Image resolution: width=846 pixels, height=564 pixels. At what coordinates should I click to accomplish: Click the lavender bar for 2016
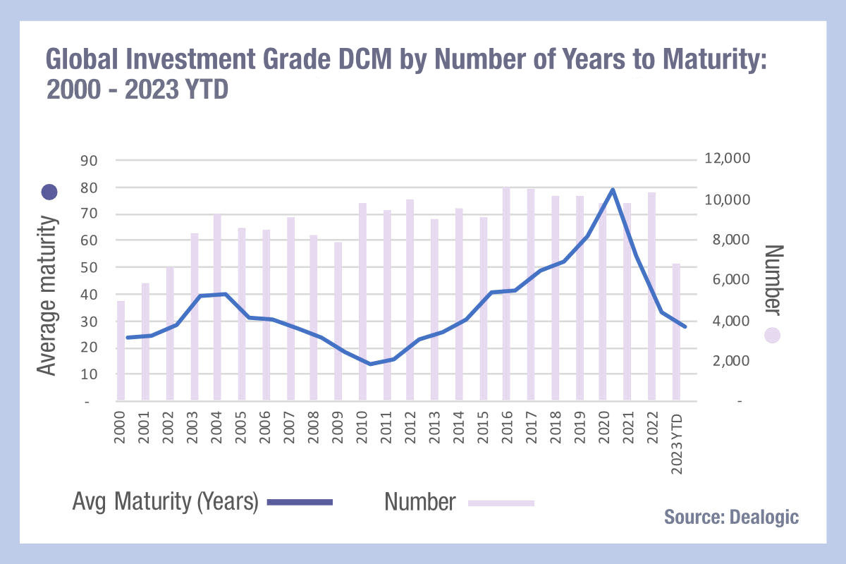506,293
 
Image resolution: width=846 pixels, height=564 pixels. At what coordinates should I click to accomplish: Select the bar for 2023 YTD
676,331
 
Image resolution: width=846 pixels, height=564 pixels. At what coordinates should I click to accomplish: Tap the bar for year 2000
121,350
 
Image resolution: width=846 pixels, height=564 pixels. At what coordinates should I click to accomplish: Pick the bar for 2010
362,302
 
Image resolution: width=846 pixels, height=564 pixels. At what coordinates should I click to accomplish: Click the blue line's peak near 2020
613,189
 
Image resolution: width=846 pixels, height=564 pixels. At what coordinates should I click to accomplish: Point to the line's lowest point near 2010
370,364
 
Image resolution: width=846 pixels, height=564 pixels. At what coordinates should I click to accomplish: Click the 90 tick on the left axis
89,161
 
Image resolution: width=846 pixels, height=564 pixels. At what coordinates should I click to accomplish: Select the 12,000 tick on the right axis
728,158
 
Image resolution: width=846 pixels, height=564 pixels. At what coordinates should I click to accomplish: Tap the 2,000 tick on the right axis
731,361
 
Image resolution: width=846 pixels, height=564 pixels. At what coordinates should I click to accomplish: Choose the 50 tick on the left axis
89,267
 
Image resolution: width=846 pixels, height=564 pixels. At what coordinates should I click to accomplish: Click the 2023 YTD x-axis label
677,444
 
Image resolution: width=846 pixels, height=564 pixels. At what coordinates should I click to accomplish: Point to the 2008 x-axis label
314,428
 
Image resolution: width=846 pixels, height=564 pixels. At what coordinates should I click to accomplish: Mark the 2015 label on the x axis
483,428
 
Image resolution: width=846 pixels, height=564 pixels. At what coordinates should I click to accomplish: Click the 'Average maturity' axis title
48,295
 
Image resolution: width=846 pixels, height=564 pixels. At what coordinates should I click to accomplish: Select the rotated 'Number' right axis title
774,280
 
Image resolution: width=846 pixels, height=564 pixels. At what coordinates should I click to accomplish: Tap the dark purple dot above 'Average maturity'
49,192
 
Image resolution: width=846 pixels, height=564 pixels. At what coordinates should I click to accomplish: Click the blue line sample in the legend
300,503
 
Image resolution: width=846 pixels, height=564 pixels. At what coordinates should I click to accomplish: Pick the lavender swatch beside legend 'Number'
501,503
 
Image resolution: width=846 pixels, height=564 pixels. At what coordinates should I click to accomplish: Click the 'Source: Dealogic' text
732,517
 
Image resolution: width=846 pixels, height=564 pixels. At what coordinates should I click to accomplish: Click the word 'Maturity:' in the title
715,59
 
